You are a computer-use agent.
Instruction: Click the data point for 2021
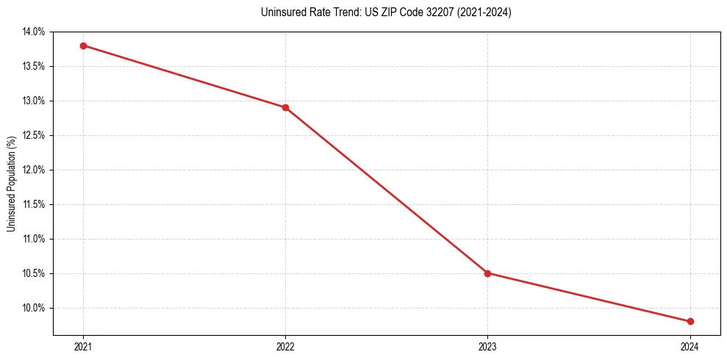(83, 46)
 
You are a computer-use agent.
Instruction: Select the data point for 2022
(285, 107)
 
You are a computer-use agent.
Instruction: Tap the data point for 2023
(487, 273)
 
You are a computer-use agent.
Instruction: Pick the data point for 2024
(690, 321)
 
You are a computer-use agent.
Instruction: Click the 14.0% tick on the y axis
(34, 32)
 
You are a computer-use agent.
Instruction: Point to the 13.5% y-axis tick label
(34, 67)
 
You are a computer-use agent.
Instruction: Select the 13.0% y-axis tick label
(34, 101)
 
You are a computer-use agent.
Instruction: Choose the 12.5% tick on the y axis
(34, 136)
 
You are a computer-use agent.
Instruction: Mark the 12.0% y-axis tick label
(34, 170)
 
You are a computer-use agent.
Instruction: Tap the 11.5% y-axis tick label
(34, 205)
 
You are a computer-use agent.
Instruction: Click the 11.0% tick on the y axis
(34, 240)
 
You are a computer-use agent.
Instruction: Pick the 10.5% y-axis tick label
(34, 274)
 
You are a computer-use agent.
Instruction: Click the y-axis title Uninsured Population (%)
(11, 183)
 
